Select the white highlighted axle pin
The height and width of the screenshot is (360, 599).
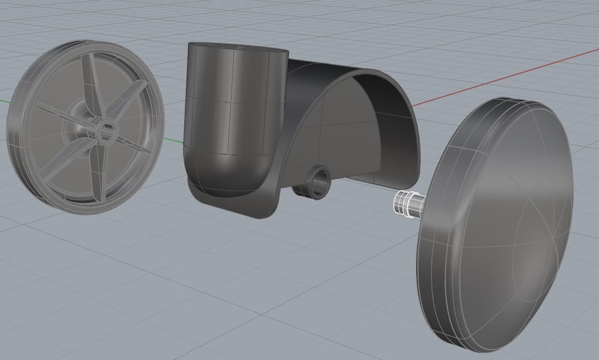[x=409, y=204]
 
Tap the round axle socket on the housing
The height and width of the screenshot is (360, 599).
[x=319, y=182]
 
